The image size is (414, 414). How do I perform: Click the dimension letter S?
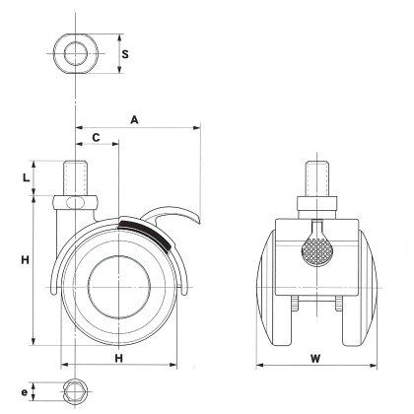point(125,54)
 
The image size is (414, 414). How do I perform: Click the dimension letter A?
point(134,120)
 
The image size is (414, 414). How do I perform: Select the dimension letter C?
point(96,137)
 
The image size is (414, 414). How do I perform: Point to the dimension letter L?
point(27,177)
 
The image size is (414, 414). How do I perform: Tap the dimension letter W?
point(315,359)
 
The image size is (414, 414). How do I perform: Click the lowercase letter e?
point(24,392)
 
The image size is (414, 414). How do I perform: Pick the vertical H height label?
point(26,260)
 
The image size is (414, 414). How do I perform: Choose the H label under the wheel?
point(118,358)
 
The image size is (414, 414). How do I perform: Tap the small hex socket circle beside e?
point(76,391)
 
